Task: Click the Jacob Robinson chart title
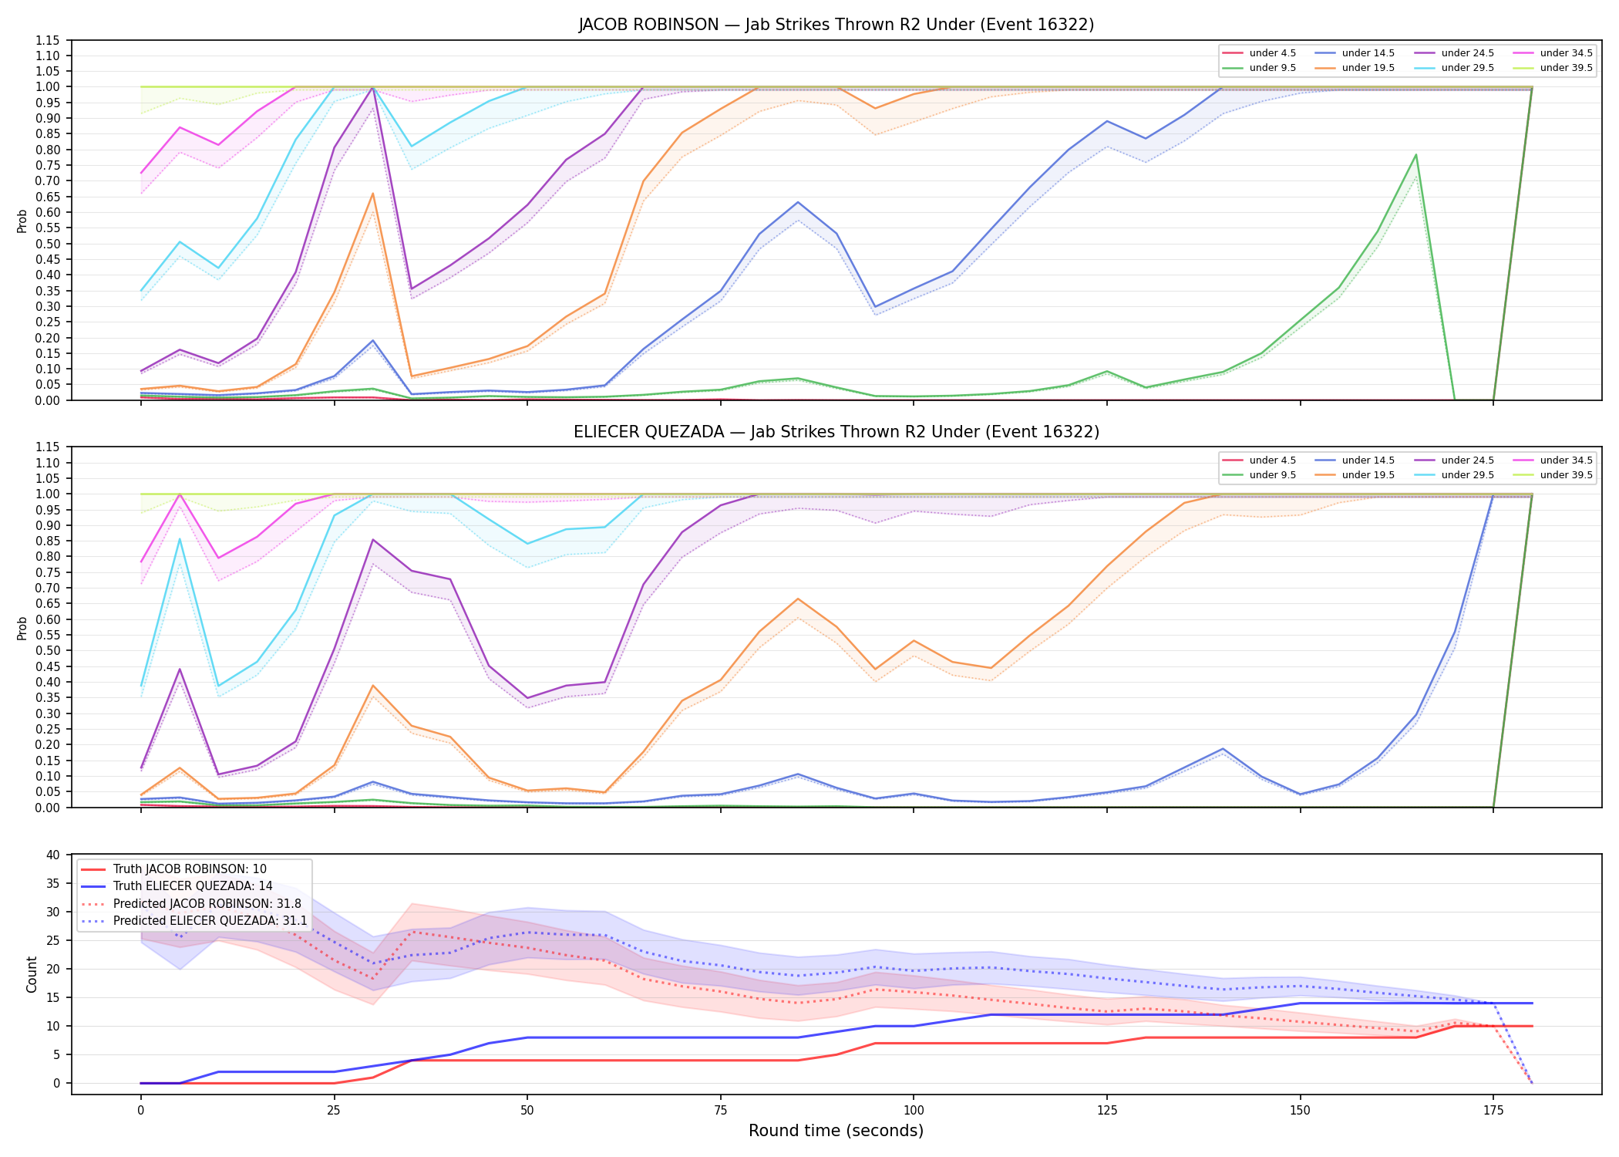coord(836,25)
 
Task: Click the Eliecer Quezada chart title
coord(836,432)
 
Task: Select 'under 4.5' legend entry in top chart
coord(1260,53)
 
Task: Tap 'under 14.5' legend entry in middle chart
coord(1355,460)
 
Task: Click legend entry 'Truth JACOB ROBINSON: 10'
coord(174,869)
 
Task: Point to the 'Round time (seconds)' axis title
coord(836,1131)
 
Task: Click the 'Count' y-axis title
coord(32,974)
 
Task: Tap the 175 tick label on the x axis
coord(1493,1111)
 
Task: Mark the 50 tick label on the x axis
coord(527,1111)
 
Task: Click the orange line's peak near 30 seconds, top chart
coord(373,194)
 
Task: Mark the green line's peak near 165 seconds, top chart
coord(1415,155)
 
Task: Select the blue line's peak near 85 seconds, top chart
coord(798,202)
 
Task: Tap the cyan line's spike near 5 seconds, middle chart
coord(180,539)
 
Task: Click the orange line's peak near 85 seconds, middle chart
coord(798,599)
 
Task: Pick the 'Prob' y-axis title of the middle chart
coord(22,628)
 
